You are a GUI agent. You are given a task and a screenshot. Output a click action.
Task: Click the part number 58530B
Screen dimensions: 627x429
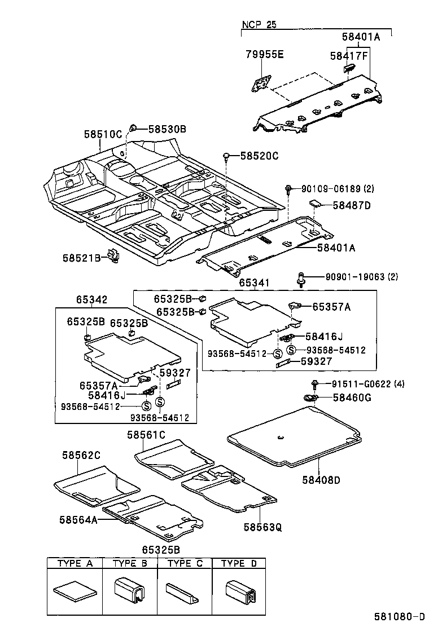point(167,129)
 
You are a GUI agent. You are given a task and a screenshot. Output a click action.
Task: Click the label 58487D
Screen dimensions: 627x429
point(351,205)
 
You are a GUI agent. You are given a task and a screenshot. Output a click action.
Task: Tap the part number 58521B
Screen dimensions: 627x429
point(81,258)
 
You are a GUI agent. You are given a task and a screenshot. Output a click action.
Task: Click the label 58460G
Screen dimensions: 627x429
point(352,398)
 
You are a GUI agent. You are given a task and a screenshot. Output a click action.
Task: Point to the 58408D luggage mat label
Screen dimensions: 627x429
point(321,480)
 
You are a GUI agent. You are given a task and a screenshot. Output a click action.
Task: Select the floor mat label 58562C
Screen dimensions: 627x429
point(81,455)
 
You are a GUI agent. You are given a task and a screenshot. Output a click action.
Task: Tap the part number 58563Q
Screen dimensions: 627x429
point(262,527)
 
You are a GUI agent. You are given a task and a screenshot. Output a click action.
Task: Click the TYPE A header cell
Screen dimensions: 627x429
point(74,563)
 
